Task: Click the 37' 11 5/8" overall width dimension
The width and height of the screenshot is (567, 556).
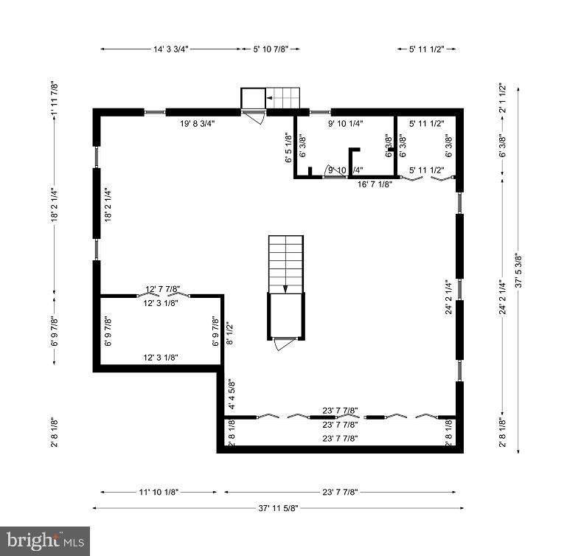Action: point(278,507)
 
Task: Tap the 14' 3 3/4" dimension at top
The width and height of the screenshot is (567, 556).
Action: point(171,49)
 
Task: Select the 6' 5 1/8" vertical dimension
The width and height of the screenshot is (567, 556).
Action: point(288,147)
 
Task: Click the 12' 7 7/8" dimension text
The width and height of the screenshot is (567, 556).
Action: point(163,288)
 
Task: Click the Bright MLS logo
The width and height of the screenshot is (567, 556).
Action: point(45,541)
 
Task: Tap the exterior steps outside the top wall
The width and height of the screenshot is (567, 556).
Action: point(284,97)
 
